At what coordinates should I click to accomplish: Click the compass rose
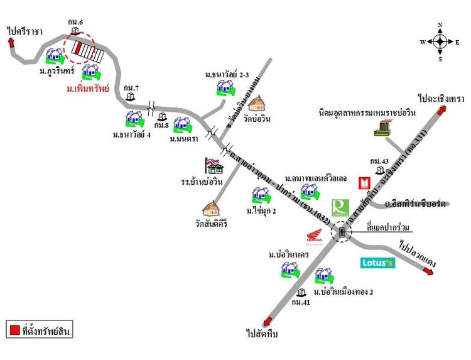440,42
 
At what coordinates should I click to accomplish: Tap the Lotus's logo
377,263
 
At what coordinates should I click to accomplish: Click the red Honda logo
314,238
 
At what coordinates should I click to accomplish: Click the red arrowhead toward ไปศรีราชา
11,42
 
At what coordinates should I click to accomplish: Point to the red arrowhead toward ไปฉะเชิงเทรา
442,109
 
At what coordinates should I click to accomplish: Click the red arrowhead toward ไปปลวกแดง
428,271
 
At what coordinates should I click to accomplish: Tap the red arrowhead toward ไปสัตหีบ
269,320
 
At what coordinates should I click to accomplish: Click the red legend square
14,329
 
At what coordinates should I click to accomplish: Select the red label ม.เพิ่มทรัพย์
87,89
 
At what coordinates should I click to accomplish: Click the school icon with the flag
214,166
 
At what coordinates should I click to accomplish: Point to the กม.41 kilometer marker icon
301,293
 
